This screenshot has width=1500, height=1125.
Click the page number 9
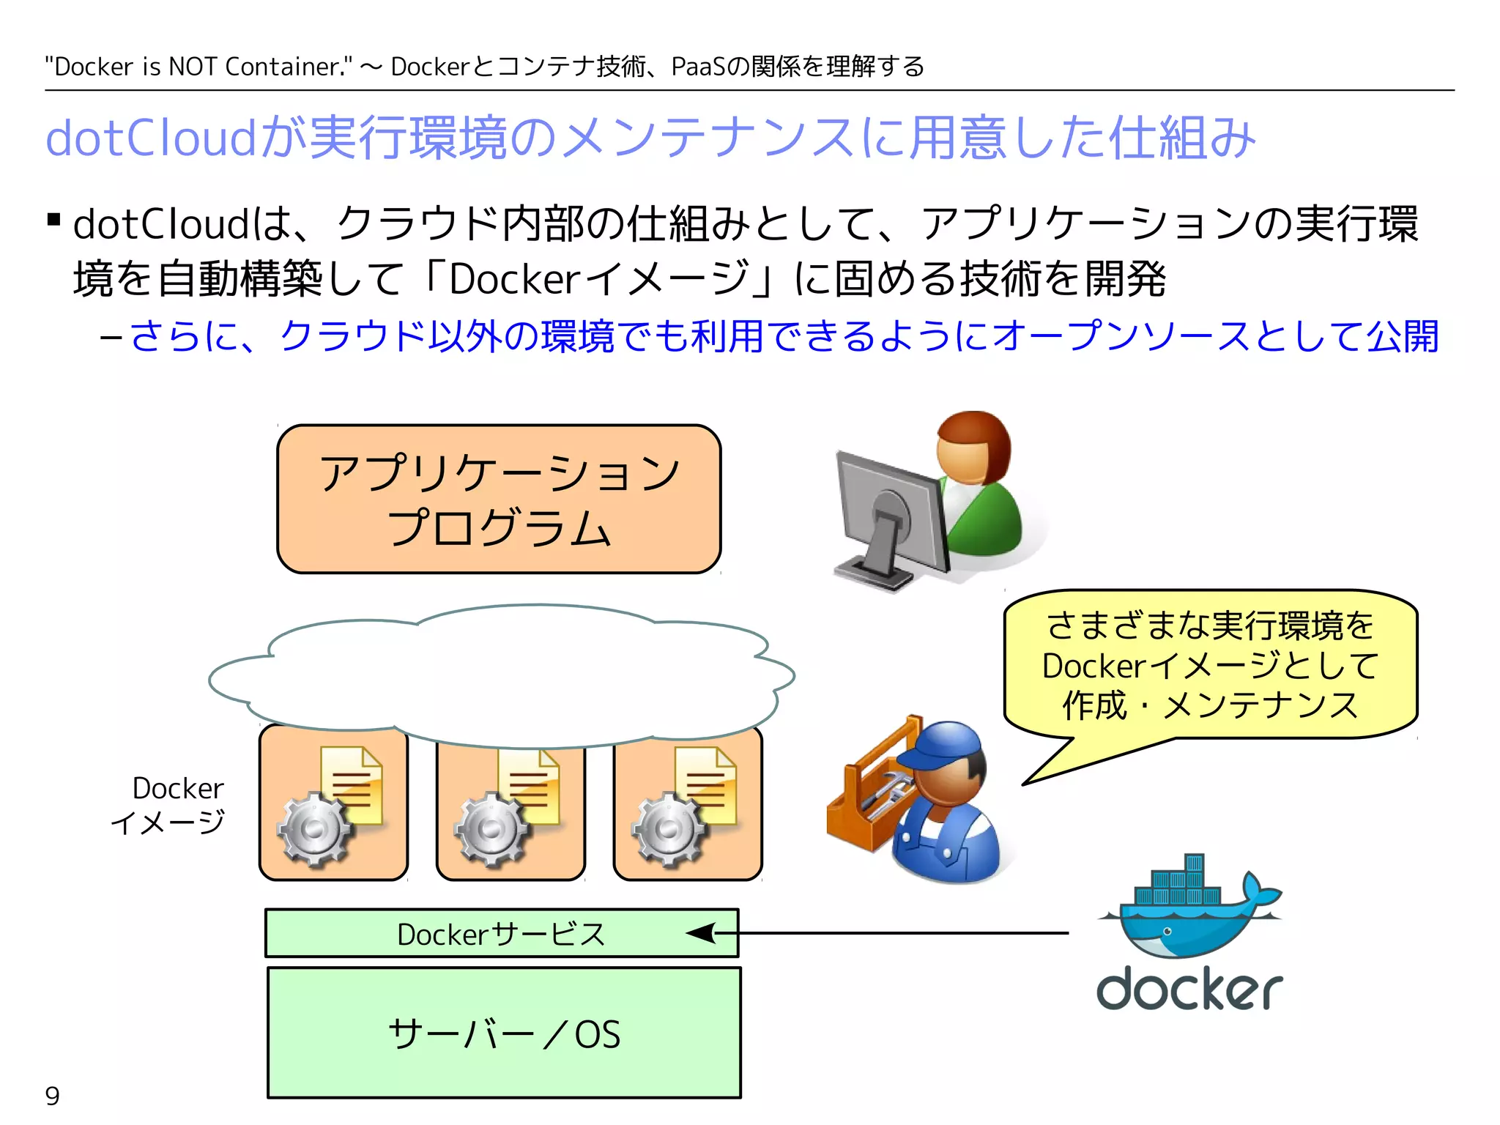pos(52,1096)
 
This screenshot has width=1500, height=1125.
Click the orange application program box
pos(499,499)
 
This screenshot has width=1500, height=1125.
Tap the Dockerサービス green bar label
pos(501,934)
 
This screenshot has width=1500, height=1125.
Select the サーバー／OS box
pos(504,1033)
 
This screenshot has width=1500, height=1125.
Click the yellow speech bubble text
pos(1210,665)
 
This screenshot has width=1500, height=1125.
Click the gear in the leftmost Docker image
pos(313,830)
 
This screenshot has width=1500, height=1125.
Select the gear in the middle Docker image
pos(490,830)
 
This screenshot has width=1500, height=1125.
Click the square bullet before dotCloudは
pos(53,219)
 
